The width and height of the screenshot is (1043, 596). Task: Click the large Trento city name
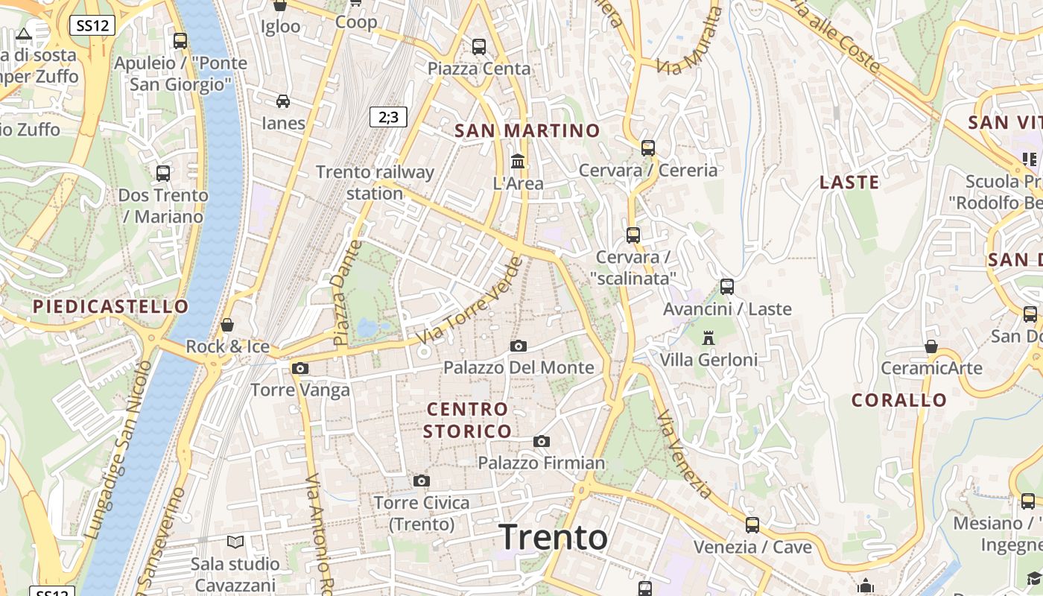tap(553, 537)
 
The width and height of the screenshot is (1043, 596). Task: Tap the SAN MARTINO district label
tap(527, 131)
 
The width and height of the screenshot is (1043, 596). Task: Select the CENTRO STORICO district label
tap(468, 420)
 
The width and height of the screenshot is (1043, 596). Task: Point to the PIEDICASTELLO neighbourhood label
tap(111, 306)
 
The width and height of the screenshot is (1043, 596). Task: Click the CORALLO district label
tap(899, 400)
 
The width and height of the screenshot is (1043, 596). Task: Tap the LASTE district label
tap(849, 183)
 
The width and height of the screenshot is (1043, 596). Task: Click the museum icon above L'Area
tap(518, 160)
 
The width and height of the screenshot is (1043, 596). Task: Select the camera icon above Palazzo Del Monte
tap(519, 346)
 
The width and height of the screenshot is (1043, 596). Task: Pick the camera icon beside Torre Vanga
tap(300, 368)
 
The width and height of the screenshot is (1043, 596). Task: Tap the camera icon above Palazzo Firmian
tap(542, 441)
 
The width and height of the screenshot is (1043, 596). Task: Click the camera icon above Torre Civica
tap(422, 481)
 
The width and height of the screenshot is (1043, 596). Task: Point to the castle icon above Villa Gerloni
tap(708, 338)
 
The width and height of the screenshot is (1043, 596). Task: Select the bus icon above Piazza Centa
tap(479, 46)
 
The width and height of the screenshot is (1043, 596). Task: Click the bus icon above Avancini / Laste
tap(726, 286)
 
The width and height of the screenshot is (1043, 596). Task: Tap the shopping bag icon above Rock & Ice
tap(227, 325)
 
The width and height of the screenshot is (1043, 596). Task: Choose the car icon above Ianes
tap(283, 101)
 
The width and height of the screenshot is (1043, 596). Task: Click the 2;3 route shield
tap(388, 116)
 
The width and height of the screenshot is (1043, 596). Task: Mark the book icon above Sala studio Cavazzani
tap(235, 542)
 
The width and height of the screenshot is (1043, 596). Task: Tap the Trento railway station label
tap(375, 183)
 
